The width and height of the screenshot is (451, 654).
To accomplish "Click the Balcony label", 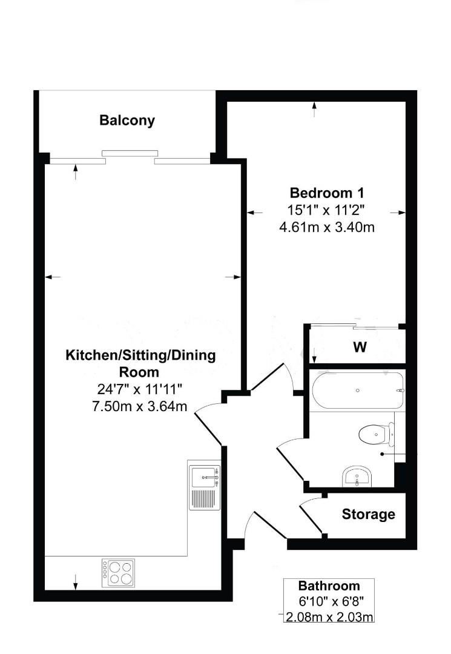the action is [x=127, y=121].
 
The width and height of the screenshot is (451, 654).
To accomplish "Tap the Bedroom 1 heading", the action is [x=327, y=193].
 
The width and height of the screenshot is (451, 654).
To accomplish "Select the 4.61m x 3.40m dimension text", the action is [x=327, y=227].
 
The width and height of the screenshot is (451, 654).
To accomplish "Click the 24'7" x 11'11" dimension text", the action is [x=140, y=389].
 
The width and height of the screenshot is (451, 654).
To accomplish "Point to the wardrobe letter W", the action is [x=360, y=347].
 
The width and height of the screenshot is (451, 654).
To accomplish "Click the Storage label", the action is [x=369, y=514].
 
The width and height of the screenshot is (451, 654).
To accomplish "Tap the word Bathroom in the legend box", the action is [x=329, y=586].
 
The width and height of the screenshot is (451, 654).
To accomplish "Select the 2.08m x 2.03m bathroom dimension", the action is [x=329, y=616].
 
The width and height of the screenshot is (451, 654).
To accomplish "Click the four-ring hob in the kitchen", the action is [x=118, y=573].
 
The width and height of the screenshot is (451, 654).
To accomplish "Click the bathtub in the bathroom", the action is [x=358, y=391].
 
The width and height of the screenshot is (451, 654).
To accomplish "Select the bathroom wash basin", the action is [x=357, y=477].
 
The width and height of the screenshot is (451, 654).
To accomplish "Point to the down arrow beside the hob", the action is [x=76, y=583].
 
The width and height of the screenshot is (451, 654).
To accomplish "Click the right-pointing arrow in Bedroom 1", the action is [x=398, y=213].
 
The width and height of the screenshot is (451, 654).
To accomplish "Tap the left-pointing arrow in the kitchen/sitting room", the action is [x=53, y=277].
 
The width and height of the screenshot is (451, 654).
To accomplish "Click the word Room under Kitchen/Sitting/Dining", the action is [x=139, y=372].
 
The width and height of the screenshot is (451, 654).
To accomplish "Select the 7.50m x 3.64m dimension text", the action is [x=140, y=406].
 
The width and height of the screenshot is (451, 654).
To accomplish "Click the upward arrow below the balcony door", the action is [x=76, y=172].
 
